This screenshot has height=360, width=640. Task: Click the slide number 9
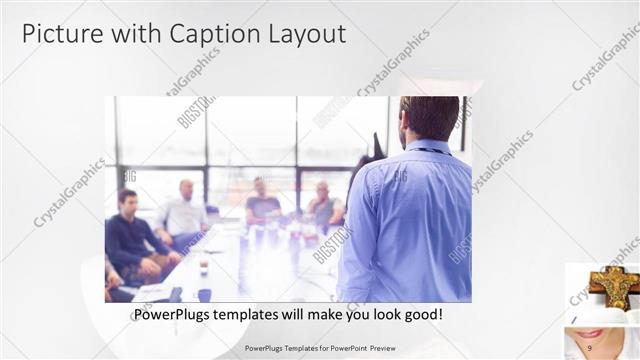pos(590,347)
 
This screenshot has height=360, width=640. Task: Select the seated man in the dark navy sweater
pos(130,235)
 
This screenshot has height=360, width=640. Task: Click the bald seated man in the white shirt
pos(185,210)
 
